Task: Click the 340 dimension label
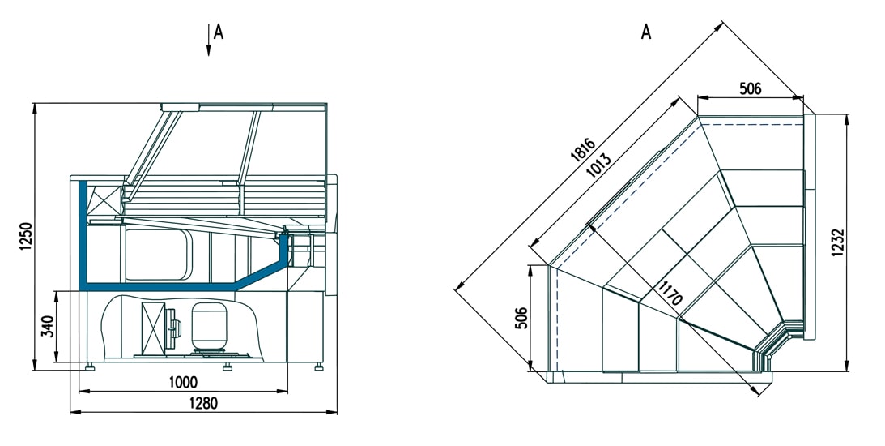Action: (x=48, y=327)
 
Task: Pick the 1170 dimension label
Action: (x=670, y=293)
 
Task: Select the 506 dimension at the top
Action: (x=750, y=88)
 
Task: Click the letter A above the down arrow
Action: (x=219, y=32)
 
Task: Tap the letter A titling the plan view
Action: (x=646, y=32)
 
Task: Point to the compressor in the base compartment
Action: (x=208, y=326)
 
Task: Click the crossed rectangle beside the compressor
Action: (x=152, y=328)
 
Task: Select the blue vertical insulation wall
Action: (x=83, y=235)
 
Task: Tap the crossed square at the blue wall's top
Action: (x=104, y=200)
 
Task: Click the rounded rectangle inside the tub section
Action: (x=159, y=255)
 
